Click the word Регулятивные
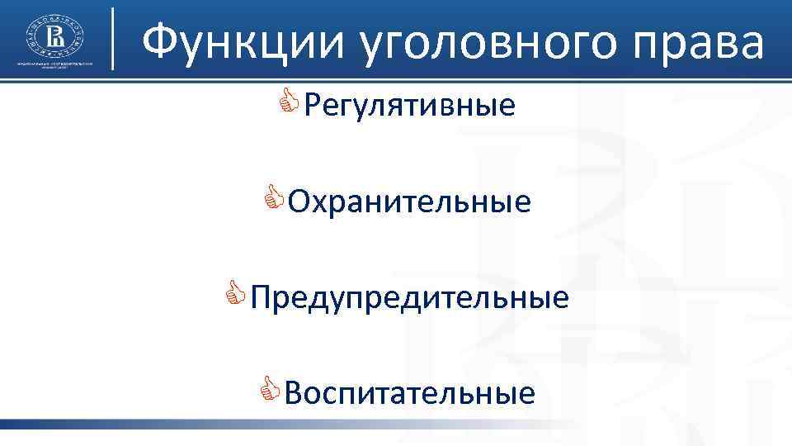click(x=409, y=106)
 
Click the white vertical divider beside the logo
click(x=113, y=38)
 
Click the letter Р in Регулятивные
click(x=312, y=106)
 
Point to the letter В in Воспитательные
click(x=293, y=392)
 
